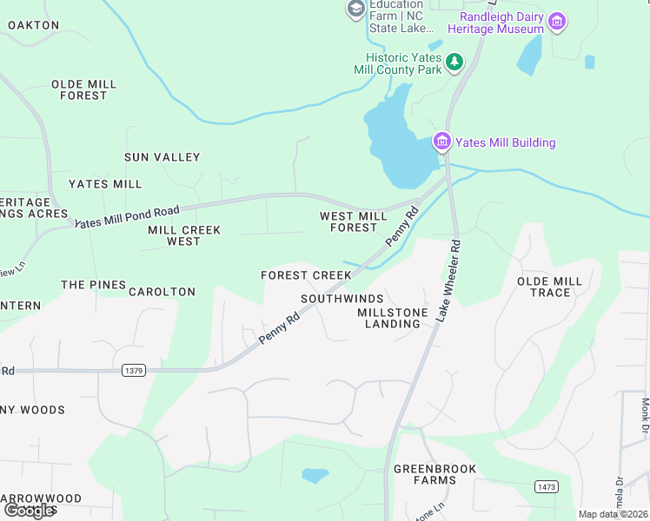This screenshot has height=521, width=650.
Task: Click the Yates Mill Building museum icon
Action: point(441,142)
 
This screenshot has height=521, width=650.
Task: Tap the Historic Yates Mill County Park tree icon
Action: point(454,62)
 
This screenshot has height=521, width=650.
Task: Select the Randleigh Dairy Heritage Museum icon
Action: point(557,20)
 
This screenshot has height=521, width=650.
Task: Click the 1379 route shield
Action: point(133,371)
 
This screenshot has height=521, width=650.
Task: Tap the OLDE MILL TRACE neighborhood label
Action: point(544,287)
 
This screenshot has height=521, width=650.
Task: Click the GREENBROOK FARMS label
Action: point(424,474)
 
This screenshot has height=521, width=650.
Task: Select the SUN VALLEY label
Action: point(162,157)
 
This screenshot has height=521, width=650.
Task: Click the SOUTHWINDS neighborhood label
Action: point(342,299)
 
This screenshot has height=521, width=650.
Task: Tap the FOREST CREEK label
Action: point(306,275)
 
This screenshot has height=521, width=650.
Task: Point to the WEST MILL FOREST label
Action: point(354,221)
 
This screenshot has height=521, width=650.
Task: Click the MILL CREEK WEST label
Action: point(184,235)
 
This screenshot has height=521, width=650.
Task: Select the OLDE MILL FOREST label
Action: point(83,89)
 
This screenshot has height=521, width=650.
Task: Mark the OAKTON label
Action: point(34,25)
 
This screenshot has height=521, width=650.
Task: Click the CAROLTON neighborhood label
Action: point(162,292)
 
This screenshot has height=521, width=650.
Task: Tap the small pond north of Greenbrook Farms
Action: point(315,475)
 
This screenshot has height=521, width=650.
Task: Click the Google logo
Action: point(30,511)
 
